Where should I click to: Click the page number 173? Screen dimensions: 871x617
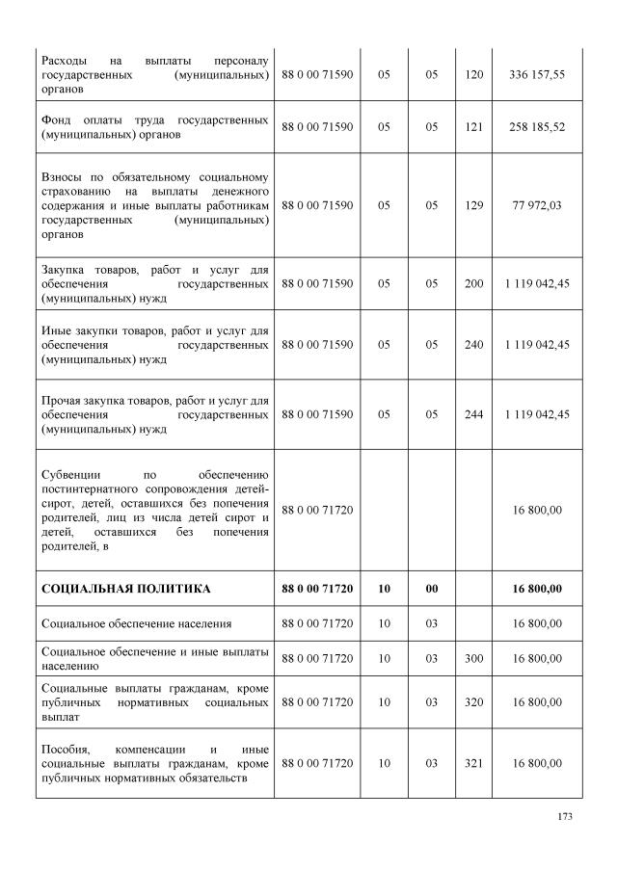pos(565,817)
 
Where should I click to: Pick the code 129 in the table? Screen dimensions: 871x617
pos(473,205)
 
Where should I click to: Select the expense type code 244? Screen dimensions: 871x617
pos(473,414)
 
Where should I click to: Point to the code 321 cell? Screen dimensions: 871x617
pos(473,763)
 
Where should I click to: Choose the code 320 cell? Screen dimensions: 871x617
pos(473,702)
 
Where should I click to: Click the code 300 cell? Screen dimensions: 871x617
pos(473,658)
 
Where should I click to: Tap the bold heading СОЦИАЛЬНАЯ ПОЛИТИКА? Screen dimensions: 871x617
pos(126,588)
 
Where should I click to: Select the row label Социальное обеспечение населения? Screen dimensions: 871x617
pos(136,623)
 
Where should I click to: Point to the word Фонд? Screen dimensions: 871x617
pos(57,119)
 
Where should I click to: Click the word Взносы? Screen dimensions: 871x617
pos(63,177)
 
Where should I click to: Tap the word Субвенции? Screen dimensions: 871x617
pos(73,475)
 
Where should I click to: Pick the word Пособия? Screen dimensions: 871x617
pos(67,749)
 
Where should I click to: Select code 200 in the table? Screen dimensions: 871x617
pos(473,284)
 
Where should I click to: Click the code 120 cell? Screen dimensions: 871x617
pos(473,73)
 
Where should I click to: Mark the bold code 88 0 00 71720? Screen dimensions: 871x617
pos(317,588)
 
